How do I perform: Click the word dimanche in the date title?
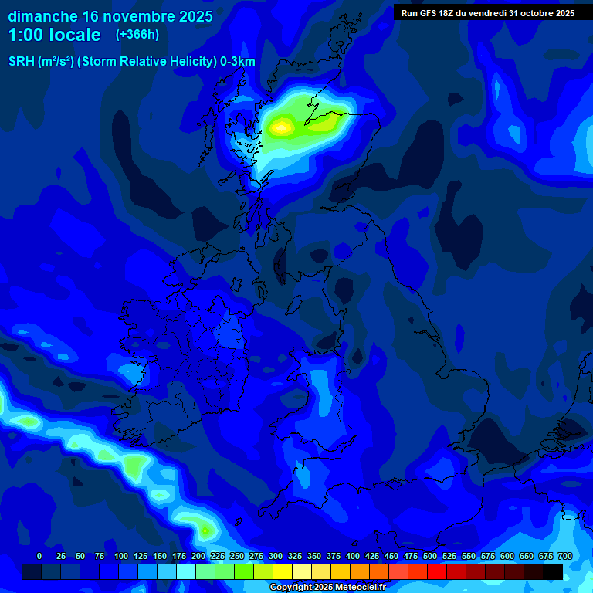[x=42, y=15]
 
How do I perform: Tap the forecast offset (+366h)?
[x=137, y=35]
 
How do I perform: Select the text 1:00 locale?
[x=55, y=35]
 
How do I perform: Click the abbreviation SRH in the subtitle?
[x=21, y=62]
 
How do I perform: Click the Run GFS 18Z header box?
[x=487, y=12]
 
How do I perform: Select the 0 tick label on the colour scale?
[x=39, y=556]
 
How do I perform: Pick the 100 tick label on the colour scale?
[x=121, y=556]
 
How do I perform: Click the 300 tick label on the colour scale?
[x=276, y=556]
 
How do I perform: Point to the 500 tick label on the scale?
[x=430, y=556]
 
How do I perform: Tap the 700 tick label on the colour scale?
[x=565, y=556]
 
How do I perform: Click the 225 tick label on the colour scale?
[x=218, y=556]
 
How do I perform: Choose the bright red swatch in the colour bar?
[x=437, y=571]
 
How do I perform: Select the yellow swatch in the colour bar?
[x=283, y=571]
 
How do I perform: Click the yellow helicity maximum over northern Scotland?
[x=282, y=126]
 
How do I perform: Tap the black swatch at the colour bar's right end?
[x=553, y=571]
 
